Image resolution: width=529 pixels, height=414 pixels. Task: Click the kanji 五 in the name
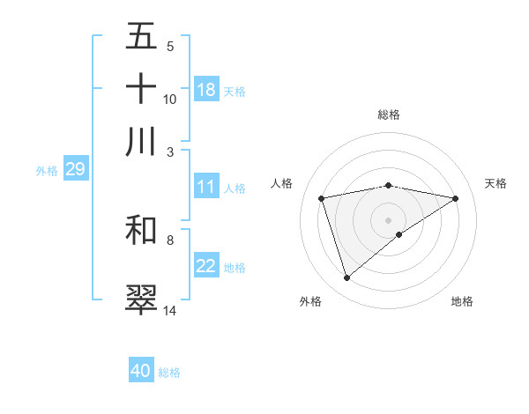click(x=141, y=38)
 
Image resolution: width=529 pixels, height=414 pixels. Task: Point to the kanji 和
click(x=141, y=230)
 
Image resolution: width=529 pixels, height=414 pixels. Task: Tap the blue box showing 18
click(x=206, y=90)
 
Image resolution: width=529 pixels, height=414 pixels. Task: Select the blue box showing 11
click(x=206, y=187)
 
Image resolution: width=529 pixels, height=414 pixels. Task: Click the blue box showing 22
click(x=206, y=267)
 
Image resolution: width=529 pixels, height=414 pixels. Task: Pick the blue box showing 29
click(x=75, y=170)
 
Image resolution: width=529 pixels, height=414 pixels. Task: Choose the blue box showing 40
click(x=141, y=371)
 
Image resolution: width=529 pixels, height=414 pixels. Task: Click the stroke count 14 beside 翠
click(x=170, y=310)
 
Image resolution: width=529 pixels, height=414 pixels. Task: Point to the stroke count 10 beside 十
click(x=170, y=99)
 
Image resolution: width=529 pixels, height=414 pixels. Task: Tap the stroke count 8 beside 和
click(x=169, y=240)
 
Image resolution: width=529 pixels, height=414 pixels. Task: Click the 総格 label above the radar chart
click(x=388, y=115)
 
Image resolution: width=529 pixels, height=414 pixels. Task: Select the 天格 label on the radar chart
click(x=495, y=183)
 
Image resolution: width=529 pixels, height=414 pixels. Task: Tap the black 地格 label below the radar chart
click(x=462, y=301)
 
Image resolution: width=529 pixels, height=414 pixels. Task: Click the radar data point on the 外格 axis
click(x=346, y=278)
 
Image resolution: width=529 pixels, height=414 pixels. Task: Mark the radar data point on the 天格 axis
click(x=455, y=198)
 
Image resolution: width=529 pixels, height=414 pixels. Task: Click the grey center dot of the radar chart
click(x=388, y=219)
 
